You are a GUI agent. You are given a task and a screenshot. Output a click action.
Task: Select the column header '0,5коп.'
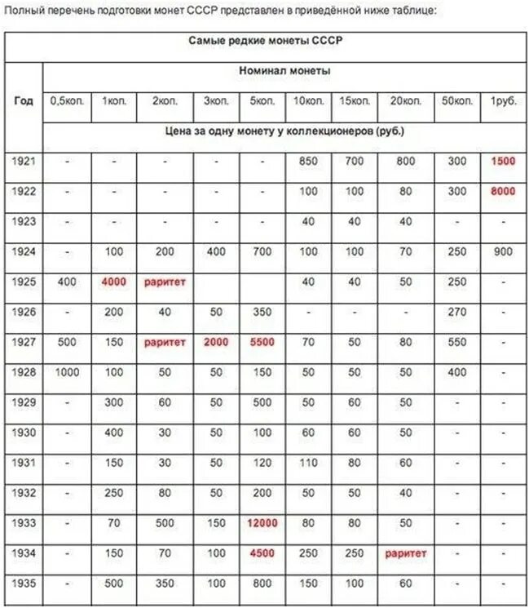(x=67, y=101)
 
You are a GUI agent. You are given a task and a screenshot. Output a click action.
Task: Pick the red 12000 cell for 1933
(x=262, y=523)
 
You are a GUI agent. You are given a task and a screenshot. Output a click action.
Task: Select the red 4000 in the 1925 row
(x=114, y=282)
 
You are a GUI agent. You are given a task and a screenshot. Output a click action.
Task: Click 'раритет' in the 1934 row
(x=406, y=553)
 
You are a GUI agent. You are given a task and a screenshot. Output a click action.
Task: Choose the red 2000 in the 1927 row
(x=216, y=343)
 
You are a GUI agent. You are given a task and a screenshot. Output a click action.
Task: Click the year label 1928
(x=24, y=373)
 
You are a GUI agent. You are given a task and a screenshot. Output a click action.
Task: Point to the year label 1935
(x=24, y=584)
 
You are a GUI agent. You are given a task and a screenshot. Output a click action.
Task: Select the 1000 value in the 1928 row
(x=67, y=373)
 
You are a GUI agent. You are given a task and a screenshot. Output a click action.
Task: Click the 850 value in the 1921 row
(x=308, y=162)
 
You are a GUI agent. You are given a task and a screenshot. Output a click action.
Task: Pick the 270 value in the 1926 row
(x=457, y=313)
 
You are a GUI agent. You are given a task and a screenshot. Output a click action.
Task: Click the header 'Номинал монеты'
(x=284, y=71)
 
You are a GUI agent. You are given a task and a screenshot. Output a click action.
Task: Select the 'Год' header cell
(x=24, y=101)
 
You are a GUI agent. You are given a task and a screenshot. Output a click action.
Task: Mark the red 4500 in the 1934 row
(x=262, y=553)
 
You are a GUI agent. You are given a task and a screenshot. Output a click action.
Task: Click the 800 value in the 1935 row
(x=262, y=584)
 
